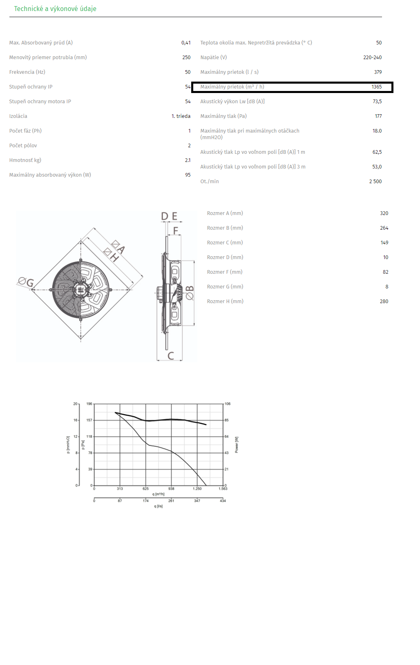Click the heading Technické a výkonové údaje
point(55,9)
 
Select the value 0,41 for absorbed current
point(186,43)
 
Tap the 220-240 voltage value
point(372,57)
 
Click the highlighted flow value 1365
point(376,86)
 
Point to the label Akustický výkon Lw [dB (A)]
point(232,102)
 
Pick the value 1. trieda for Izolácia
point(181,116)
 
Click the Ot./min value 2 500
point(375,182)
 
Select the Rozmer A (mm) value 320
point(384,213)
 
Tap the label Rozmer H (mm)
point(225,301)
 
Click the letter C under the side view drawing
point(171,356)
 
